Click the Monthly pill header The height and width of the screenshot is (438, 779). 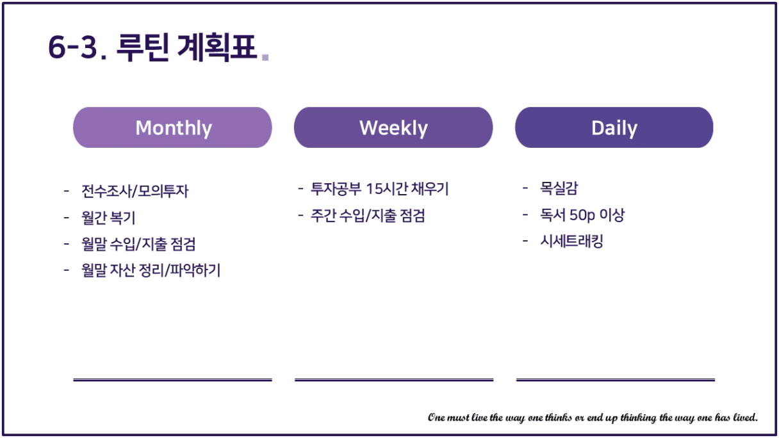point(172,127)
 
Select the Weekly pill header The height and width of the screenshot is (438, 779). point(393,127)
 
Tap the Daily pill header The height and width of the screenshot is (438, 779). point(614,127)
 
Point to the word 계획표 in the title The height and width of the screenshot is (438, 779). point(217,47)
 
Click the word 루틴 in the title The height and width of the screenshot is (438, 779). point(143,47)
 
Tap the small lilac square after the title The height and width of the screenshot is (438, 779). point(265,57)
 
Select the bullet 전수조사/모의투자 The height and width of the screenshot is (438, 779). point(135,191)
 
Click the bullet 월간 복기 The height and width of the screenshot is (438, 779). point(108,218)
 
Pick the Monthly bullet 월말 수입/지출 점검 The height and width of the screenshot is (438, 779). point(138,244)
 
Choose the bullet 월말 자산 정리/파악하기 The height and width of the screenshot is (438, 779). point(151,270)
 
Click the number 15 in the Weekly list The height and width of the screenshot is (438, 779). point(375,189)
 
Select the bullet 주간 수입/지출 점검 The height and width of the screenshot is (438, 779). point(368,215)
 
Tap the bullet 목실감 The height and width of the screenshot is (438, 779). point(559,188)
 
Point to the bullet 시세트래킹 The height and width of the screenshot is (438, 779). point(571,241)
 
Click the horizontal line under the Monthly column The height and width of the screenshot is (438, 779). point(172,380)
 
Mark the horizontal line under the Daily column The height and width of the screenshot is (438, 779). point(616,380)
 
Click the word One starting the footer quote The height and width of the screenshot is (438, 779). point(436,417)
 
